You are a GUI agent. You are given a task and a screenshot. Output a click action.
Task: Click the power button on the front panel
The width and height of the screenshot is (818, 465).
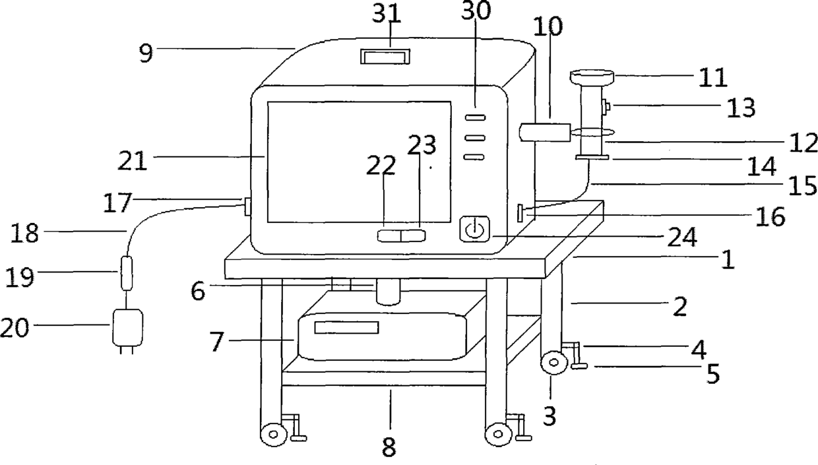(x=475, y=230)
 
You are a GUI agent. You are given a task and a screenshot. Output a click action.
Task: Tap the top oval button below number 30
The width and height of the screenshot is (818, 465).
(x=475, y=117)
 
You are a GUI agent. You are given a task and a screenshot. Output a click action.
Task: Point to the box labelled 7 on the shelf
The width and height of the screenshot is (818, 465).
(x=383, y=336)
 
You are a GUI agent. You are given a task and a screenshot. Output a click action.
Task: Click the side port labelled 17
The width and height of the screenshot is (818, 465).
(x=247, y=207)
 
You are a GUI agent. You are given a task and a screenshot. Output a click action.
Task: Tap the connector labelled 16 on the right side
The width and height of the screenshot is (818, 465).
(x=521, y=213)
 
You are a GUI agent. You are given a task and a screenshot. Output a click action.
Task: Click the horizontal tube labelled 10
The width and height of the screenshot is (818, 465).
(x=546, y=133)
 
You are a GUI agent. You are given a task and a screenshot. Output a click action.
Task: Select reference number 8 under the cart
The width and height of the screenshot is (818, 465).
(x=389, y=447)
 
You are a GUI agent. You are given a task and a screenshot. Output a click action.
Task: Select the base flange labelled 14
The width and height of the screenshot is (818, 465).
(x=591, y=157)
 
